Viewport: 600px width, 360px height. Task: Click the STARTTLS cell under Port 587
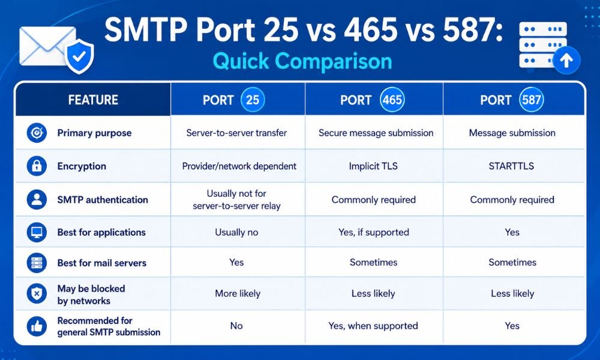(x=511, y=166)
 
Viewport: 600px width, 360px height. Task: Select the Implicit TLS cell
(x=373, y=166)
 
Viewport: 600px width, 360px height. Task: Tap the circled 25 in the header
(x=253, y=100)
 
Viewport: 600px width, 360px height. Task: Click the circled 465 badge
(x=392, y=100)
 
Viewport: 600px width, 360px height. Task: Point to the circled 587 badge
(x=532, y=100)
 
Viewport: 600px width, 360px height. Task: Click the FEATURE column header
(x=93, y=100)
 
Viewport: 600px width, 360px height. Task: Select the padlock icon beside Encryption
(x=37, y=166)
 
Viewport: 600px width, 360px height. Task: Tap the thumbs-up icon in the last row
(x=37, y=326)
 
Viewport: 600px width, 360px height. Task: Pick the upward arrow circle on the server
(x=566, y=60)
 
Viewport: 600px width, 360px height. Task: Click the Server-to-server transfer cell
(x=236, y=133)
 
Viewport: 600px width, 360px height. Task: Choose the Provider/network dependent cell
(x=239, y=166)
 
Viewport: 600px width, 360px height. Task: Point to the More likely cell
(x=238, y=293)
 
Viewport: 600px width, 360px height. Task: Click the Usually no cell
(x=236, y=232)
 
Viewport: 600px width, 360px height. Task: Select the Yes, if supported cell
(x=373, y=232)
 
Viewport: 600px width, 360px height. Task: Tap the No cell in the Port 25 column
(x=236, y=326)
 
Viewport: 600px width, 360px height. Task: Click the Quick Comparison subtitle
(x=302, y=61)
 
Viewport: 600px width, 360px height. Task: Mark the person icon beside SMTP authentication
(x=37, y=199)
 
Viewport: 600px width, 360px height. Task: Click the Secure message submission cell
(x=376, y=133)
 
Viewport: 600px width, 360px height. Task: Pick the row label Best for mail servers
(x=102, y=263)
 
